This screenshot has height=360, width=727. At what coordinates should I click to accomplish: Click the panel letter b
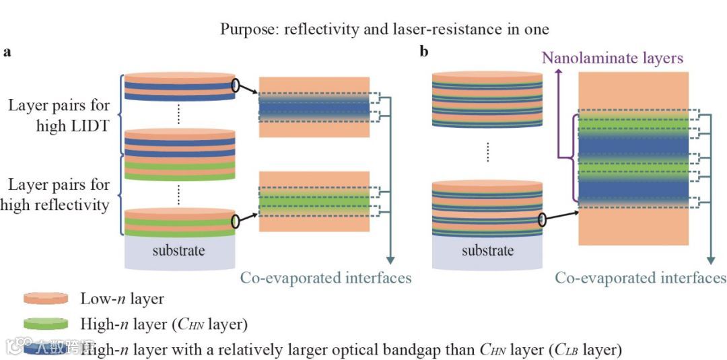(424, 52)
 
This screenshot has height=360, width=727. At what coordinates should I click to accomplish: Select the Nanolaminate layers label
(613, 58)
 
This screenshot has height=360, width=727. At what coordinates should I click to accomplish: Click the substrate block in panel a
(180, 252)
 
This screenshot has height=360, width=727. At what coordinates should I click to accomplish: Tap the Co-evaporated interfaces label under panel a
(326, 277)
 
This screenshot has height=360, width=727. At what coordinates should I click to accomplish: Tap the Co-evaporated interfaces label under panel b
(640, 277)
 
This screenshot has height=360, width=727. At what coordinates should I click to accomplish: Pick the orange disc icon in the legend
(46, 298)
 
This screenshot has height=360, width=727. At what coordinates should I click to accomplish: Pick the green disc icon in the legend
(46, 324)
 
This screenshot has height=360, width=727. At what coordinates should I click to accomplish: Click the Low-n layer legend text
(122, 298)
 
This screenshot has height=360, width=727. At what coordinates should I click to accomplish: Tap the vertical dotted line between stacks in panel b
(487, 152)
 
